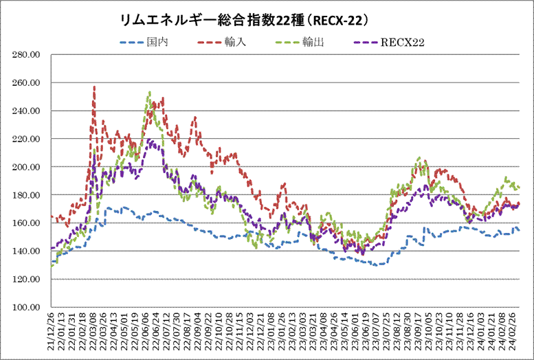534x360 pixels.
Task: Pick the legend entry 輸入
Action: tap(232, 43)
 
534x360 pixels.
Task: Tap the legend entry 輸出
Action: tap(313, 43)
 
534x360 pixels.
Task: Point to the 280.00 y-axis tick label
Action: tap(27, 54)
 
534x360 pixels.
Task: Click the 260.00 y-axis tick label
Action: tap(27, 82)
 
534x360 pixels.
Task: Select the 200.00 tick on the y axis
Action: tap(27, 167)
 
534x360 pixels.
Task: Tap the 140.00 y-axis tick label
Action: tap(27, 251)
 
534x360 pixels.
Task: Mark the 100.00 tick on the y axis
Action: tap(27, 307)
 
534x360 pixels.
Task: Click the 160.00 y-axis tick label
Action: tap(27, 223)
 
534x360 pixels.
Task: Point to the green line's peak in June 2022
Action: tap(149, 92)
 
